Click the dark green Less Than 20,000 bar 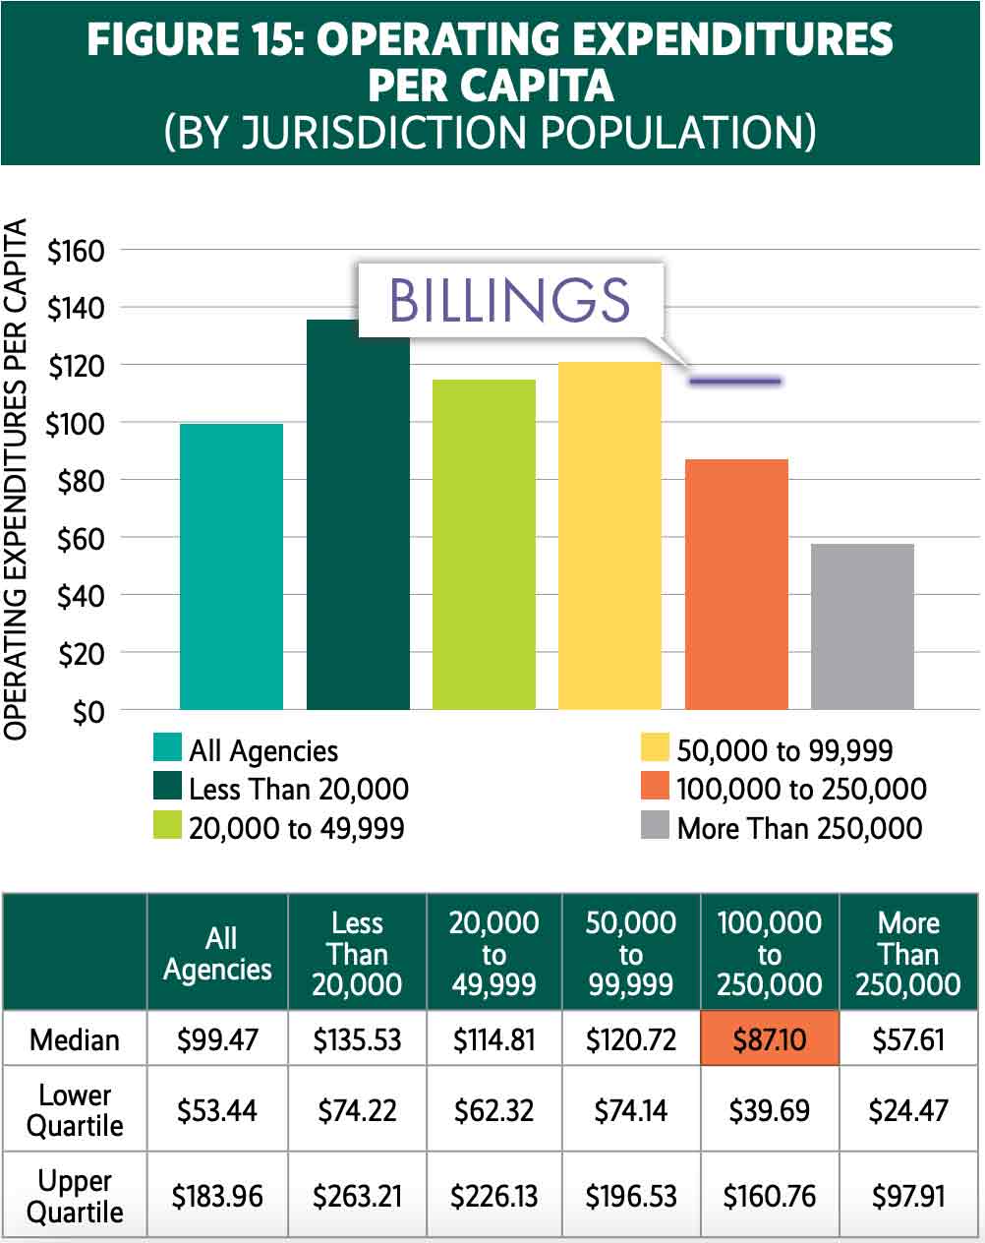[x=358, y=521]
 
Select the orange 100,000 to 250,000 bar [x=736, y=584]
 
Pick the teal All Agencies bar [x=231, y=566]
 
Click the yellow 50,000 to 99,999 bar [x=609, y=536]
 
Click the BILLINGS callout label [x=509, y=300]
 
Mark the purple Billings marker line [x=735, y=381]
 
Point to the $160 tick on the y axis [x=76, y=251]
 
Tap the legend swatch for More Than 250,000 [x=655, y=826]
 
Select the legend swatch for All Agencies [x=168, y=748]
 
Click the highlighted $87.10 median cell [x=769, y=1038]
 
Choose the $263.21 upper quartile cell [x=357, y=1196]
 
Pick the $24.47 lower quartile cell [x=908, y=1110]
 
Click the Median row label [x=75, y=1039]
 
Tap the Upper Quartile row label [x=75, y=1196]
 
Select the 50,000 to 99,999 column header [x=630, y=953]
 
